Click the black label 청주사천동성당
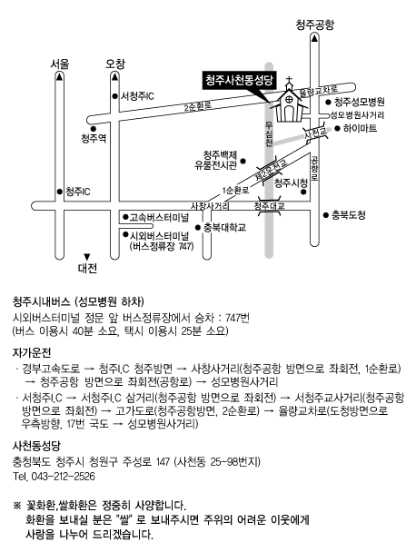coord(240,80)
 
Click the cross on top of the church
coord(289,80)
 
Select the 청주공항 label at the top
coord(314,25)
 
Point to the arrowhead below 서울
coord(60,76)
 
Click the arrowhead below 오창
coord(114,76)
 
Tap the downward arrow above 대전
coord(87,257)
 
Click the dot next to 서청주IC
coord(114,95)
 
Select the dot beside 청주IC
coord(60,192)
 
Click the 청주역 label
coord(94,138)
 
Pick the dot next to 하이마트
coord(337,129)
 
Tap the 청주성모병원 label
coord(360,102)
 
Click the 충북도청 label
coord(349,215)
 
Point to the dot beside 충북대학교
coord(198,227)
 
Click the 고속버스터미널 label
coord(159,217)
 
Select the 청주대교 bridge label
coord(270,206)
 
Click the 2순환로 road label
coord(198,106)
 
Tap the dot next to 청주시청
coord(303,192)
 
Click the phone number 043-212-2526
coord(64,477)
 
